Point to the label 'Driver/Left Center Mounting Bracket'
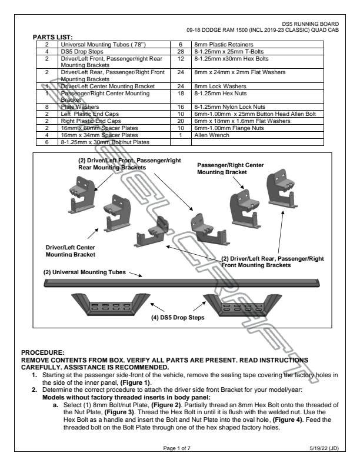click(x=70, y=251)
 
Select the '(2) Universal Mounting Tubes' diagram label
click(x=83, y=272)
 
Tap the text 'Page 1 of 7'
click(x=179, y=449)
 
